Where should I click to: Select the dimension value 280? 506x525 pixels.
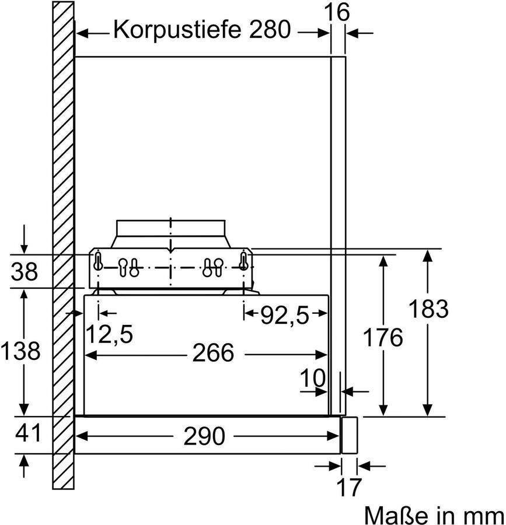coord(267,29)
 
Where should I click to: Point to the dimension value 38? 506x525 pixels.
coord(24,271)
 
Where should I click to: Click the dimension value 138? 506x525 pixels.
coord(20,351)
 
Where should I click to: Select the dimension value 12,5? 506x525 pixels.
coord(109,335)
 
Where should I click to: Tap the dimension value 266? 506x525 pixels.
coord(212,353)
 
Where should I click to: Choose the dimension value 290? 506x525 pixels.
coord(205,436)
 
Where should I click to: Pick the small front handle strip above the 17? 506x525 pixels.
coord(349,435)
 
